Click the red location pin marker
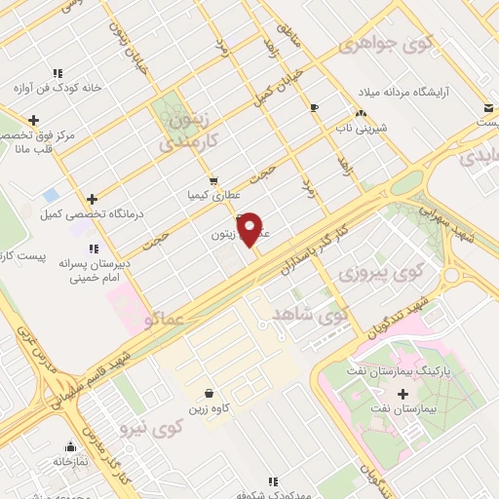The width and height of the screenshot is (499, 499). [250, 228]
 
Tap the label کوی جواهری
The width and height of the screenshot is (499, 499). [387, 45]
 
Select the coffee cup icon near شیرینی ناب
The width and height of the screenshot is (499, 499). [313, 107]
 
